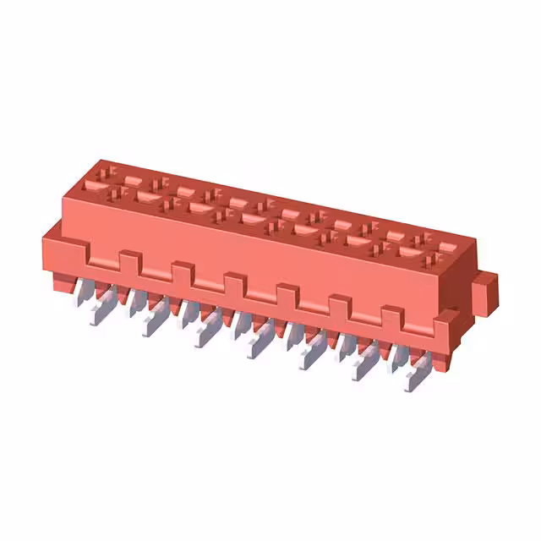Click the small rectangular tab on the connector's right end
pyautogui.click(x=484, y=292)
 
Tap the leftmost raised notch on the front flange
pyautogui.click(x=128, y=257)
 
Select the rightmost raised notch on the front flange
pyautogui.click(x=391, y=315)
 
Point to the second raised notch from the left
pyautogui.click(x=182, y=269)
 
